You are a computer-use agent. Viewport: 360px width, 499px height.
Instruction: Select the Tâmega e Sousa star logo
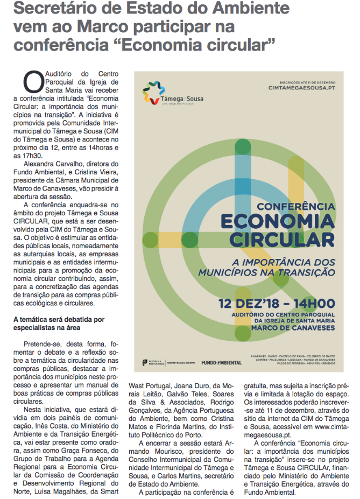[153, 93]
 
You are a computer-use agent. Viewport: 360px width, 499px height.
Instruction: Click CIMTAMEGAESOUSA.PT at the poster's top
[302, 87]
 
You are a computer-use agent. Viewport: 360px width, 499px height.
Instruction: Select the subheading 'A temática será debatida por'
[59, 319]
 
